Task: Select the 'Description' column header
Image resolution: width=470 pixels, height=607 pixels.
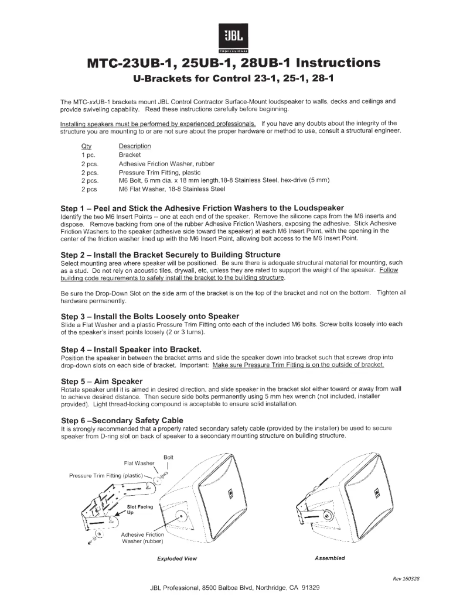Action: (x=135, y=146)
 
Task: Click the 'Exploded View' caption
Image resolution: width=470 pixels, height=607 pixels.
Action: (x=177, y=558)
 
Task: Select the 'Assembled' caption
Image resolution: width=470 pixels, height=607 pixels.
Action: (x=330, y=558)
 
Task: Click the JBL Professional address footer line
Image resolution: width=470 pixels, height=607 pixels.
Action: (x=235, y=587)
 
